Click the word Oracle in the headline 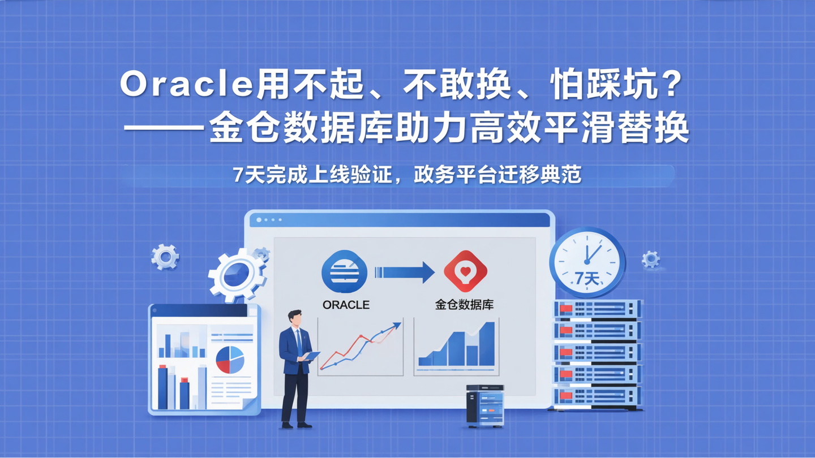pos(186,85)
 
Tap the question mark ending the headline pos(671,85)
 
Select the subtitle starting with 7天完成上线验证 pos(407,175)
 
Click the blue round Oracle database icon pos(344,272)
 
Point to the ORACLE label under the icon pos(346,305)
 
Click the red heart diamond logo pos(465,271)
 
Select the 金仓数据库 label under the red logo pos(464,305)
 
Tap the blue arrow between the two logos pos(404,273)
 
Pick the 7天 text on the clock pos(586,278)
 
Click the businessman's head pos(294,318)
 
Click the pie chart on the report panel pos(230,360)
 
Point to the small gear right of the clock pos(651,259)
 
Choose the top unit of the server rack pos(598,309)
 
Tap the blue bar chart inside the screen pos(456,346)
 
